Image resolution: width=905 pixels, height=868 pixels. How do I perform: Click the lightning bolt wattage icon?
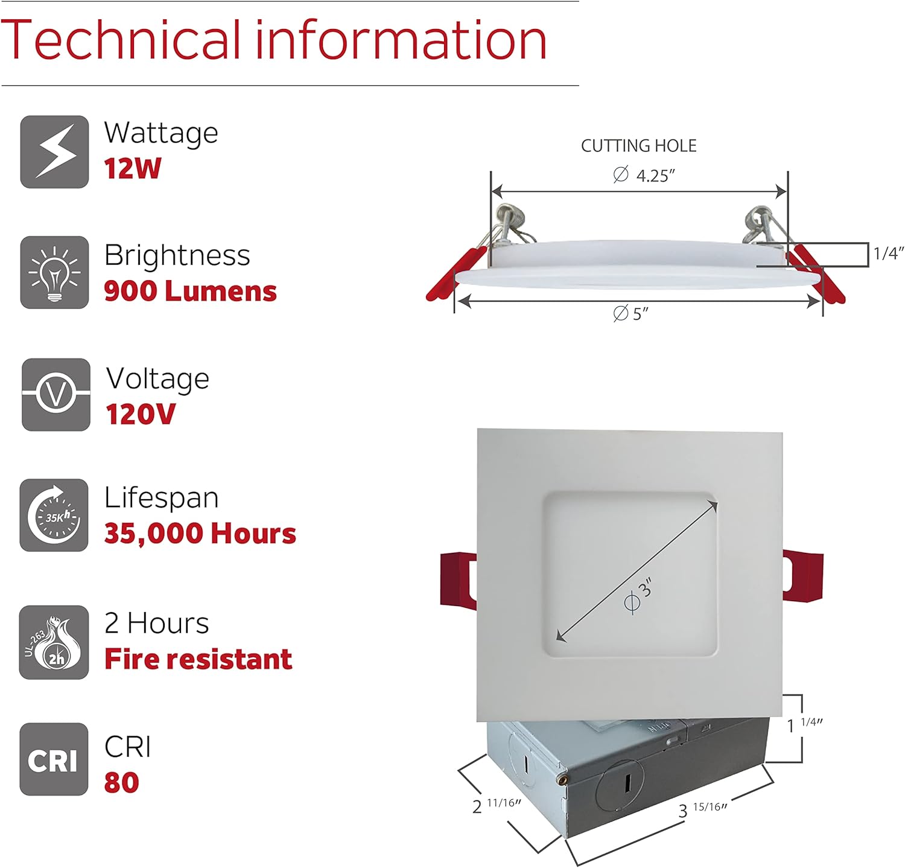[x=54, y=152]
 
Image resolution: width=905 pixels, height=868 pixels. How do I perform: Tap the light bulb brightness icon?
[x=54, y=272]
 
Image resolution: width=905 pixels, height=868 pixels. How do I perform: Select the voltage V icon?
[x=56, y=394]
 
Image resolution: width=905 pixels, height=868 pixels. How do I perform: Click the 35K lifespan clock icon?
[x=54, y=515]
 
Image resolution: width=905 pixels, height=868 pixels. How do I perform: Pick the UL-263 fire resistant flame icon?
[x=54, y=642]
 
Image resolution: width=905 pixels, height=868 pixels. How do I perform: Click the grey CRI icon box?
[x=54, y=759]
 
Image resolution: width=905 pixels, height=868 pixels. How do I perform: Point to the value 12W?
[x=132, y=168]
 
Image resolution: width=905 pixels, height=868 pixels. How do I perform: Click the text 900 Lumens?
[x=190, y=291]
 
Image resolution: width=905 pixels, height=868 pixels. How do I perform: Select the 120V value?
[x=141, y=414]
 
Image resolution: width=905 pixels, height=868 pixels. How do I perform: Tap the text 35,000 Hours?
[x=200, y=534]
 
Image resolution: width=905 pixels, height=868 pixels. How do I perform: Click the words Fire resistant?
[x=198, y=659]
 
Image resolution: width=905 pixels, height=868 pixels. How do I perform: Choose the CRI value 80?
[x=121, y=783]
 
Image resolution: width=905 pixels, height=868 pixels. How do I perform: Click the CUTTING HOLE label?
[x=638, y=145]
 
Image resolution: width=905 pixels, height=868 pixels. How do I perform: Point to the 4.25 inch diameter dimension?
[x=644, y=176]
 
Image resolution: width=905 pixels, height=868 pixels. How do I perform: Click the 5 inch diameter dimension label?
[x=631, y=314]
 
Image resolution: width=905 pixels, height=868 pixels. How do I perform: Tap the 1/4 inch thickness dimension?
[x=888, y=254]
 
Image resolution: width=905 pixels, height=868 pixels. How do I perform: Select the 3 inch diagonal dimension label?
[x=639, y=595]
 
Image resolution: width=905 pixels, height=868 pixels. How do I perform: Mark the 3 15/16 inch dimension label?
[x=702, y=809]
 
